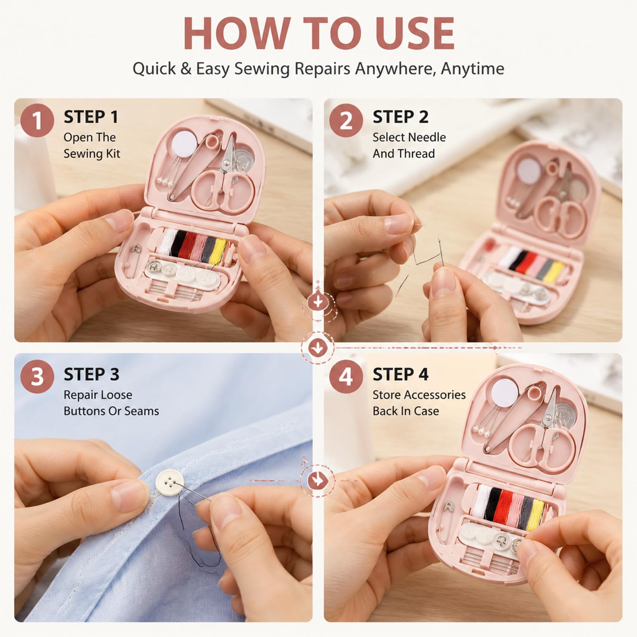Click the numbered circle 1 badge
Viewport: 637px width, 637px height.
tap(37, 120)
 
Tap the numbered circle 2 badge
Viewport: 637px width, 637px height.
tap(346, 120)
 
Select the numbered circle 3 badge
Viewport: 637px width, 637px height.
tap(37, 376)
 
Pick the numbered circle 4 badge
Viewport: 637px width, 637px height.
tap(346, 376)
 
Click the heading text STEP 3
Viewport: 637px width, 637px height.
tap(91, 374)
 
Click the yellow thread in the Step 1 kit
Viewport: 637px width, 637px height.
tap(219, 247)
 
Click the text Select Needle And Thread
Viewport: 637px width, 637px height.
tap(409, 145)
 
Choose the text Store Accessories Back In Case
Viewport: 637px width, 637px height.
tap(419, 403)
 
